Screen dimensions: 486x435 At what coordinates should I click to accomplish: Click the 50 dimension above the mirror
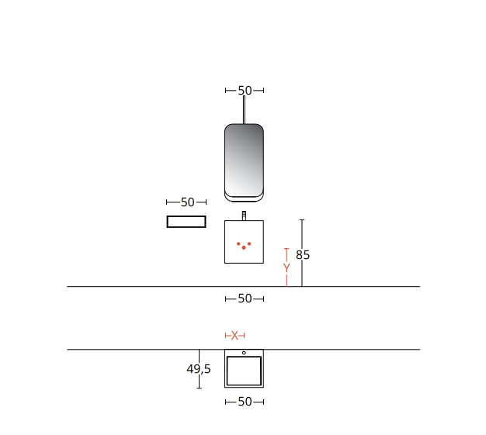point(245,91)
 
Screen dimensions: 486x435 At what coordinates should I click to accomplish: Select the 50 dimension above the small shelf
point(188,202)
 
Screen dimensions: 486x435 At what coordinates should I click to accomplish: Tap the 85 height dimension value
point(303,255)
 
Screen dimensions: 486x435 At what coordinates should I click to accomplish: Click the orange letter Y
point(286,268)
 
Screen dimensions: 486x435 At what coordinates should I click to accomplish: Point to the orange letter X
point(234,335)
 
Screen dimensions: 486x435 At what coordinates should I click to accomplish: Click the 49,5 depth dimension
point(199,369)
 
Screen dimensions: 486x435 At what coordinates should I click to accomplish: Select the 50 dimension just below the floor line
point(245,299)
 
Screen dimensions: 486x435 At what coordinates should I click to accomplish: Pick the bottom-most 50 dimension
point(245,402)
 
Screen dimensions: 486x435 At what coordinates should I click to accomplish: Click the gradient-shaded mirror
point(244,160)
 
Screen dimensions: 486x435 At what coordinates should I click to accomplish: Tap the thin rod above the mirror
point(244,110)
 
